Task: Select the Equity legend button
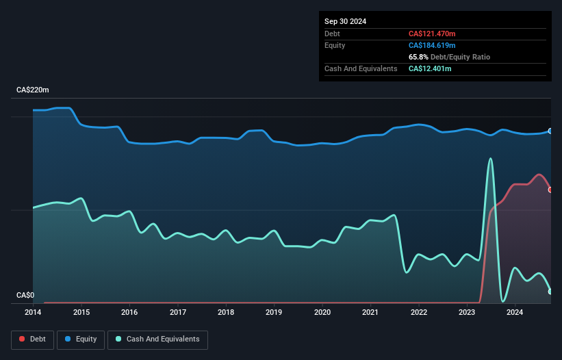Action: [x=81, y=339]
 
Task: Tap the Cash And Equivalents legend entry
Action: [x=157, y=339]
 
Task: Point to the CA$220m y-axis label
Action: [x=34, y=90]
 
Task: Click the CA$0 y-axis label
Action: [x=25, y=296]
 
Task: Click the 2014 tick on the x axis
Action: [x=33, y=313]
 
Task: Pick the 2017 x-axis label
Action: [x=178, y=313]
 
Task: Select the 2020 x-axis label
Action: [x=322, y=313]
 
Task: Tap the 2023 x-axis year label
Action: [x=467, y=313]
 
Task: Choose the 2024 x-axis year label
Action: [x=515, y=313]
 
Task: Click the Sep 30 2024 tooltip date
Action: [x=345, y=21]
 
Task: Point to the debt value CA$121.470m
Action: [x=431, y=34]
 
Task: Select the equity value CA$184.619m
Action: [x=431, y=45]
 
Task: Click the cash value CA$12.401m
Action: [x=430, y=68]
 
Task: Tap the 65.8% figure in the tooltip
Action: [x=418, y=57]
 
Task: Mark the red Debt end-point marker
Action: [x=550, y=190]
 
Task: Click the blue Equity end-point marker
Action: [x=550, y=131]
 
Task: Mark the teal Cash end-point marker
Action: [x=550, y=292]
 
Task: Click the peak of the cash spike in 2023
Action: [x=490, y=159]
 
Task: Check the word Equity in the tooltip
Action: [x=335, y=45]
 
